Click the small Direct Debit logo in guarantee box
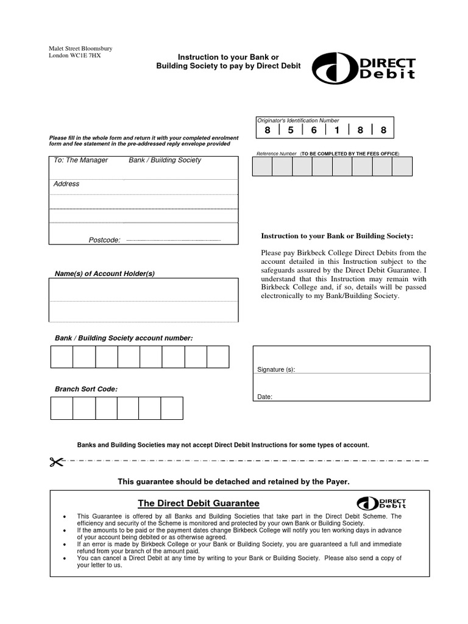pos(381,503)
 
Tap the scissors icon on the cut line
pos(57,461)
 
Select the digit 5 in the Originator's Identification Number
pos(291,130)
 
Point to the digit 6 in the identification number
pos(314,130)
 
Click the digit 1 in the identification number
pos(337,130)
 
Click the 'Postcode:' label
pos(104,240)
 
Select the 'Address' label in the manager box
pos(66,183)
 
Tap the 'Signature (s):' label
pos(276,370)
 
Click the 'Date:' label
pos(264,397)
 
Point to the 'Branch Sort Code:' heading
pos(86,389)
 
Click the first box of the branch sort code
pos(62,408)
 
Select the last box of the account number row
pos(218,356)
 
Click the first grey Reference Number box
pos(262,166)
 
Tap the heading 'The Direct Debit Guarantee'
pos(198,503)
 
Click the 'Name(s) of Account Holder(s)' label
pos(105,274)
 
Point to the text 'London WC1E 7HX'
pos(75,56)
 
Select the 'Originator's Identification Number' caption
pos(297,121)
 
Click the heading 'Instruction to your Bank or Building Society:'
pos(337,236)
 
